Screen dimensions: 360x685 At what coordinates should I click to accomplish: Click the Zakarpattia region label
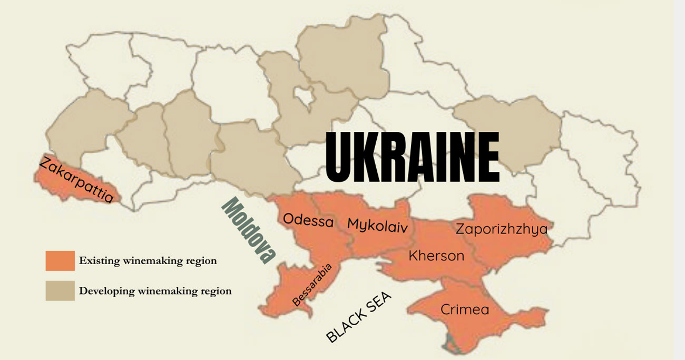(76, 180)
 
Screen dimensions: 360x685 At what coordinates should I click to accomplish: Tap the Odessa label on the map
(308, 220)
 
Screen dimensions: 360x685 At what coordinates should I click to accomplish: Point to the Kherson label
(436, 256)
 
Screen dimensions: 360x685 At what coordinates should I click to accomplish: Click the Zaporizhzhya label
(501, 229)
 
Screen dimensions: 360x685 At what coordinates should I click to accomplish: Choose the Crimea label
(464, 309)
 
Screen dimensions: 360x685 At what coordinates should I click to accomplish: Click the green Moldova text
(248, 230)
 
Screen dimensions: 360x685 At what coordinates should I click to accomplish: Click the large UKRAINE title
(412, 157)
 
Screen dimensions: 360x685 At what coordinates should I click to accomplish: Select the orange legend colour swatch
(60, 260)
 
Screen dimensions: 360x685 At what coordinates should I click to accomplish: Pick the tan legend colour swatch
(60, 290)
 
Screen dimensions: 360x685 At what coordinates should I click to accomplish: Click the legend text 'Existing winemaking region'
(148, 260)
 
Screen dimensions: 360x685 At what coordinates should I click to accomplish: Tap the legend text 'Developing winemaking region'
(155, 290)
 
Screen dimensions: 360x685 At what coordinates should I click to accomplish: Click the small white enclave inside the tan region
(304, 96)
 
